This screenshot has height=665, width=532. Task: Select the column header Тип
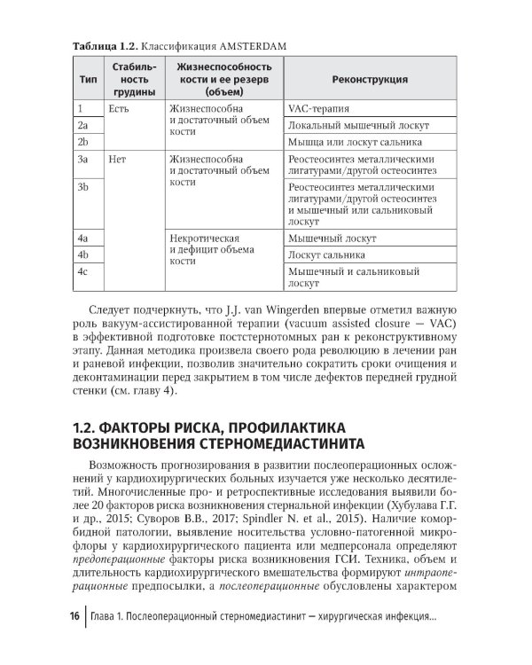coord(88,79)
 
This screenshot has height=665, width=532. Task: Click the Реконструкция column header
coord(370,79)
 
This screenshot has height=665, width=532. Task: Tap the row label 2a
coord(82,125)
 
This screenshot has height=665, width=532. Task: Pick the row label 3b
coord(83,187)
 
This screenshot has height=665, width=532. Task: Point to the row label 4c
coord(83,271)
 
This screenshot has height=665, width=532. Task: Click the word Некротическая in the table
coord(205,239)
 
